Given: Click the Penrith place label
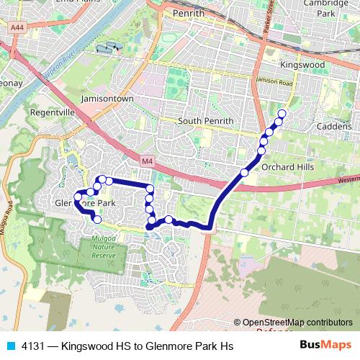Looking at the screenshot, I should click(189, 13).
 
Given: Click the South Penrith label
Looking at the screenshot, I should click(205, 120).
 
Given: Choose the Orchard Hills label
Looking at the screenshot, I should click(288, 167).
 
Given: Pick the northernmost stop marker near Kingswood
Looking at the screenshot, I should click(282, 114).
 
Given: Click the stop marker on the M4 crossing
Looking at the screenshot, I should click(245, 173).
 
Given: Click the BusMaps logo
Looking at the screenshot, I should click(325, 346).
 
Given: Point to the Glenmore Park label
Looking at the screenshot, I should click(85, 203).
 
